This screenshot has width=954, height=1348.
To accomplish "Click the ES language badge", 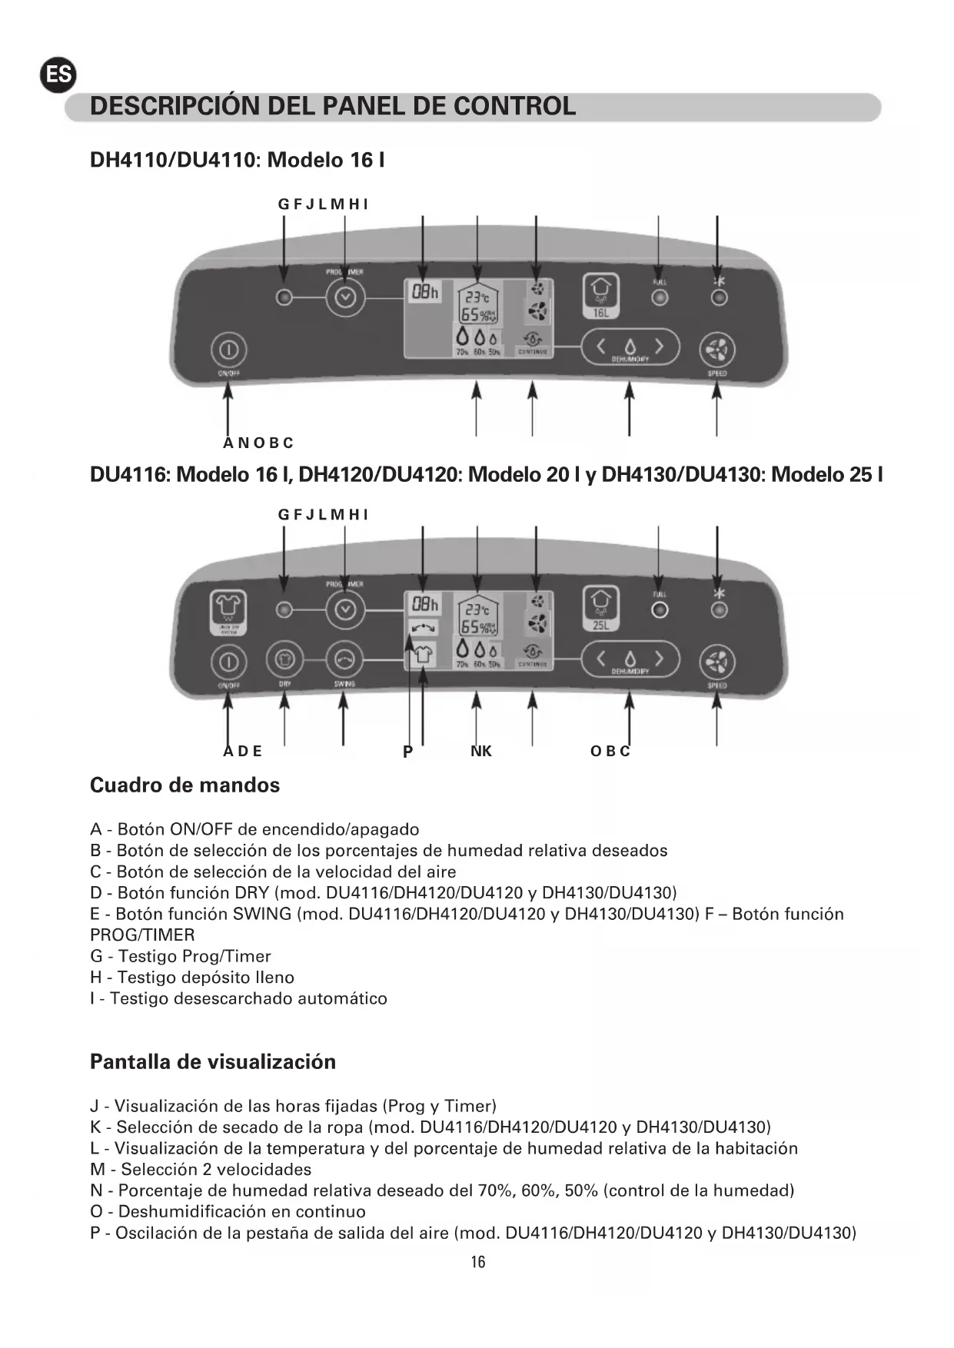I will [58, 75].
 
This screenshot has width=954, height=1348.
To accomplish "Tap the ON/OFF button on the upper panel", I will [228, 350].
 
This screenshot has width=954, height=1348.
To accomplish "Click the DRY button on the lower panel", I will [284, 659].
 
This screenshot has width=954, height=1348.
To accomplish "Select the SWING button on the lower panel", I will [344, 659].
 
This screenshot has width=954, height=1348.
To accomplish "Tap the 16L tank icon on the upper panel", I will [600, 295].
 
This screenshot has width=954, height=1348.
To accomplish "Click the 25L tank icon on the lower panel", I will [600, 609].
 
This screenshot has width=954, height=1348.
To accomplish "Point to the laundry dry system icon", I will [228, 612].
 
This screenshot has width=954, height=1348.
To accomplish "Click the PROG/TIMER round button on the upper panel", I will [344, 297].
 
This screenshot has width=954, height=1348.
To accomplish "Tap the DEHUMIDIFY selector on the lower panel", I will [630, 659].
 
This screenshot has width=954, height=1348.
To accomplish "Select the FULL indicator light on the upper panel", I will [659, 297].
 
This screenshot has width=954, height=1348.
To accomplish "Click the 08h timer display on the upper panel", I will [424, 292].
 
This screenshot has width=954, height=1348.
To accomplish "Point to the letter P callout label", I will [408, 752].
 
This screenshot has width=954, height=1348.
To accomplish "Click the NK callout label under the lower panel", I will [481, 751].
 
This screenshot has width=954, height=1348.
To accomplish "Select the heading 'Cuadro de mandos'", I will [184, 785].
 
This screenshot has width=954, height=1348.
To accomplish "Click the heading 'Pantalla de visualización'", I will [213, 1061].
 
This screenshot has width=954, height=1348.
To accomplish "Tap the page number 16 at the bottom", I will [477, 1261].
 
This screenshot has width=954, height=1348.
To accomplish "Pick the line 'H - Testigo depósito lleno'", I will [192, 977].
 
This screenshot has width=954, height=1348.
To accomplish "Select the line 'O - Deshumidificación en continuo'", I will [228, 1211].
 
